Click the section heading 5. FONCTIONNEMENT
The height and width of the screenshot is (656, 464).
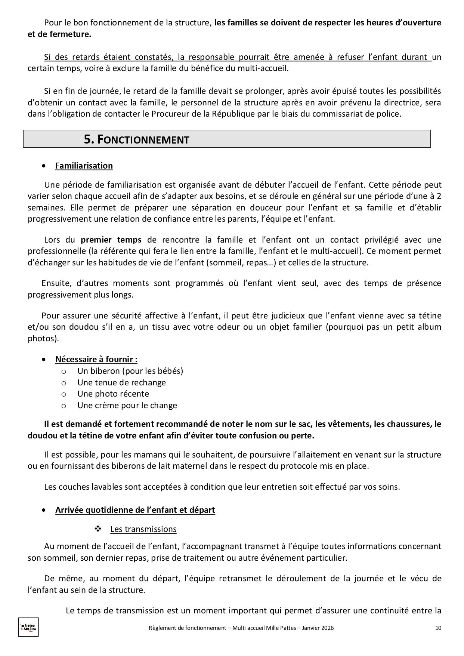pos(136,139)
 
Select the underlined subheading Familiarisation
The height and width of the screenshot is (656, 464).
pos(84,166)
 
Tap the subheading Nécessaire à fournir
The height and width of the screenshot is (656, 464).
pos(96,359)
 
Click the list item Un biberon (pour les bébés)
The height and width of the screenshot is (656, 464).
pos(130,371)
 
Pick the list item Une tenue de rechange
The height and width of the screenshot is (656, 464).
pos(121,382)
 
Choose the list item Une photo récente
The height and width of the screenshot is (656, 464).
pos(113,394)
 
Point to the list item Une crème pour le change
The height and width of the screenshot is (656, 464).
pos(127,405)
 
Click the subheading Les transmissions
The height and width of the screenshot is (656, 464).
pos(143,529)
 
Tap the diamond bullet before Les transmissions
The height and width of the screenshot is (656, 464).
pos(99,529)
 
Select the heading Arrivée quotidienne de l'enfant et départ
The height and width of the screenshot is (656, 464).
pos(135,510)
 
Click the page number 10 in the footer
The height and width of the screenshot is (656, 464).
pos(438,628)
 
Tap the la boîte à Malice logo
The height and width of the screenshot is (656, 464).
pos(28,627)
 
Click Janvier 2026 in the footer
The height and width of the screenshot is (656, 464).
pos(319,628)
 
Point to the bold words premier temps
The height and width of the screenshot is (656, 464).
pos(111,240)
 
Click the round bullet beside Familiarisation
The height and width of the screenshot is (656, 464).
pos(45,166)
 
